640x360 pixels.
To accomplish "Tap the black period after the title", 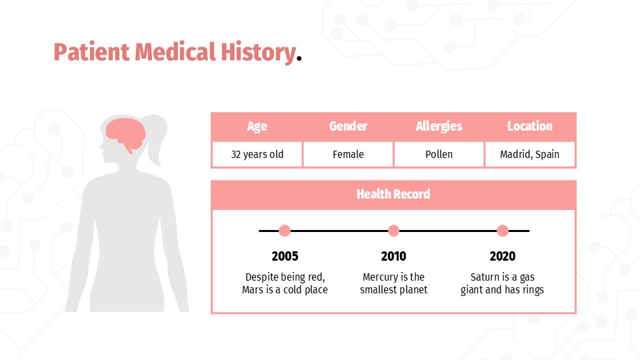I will [299, 60].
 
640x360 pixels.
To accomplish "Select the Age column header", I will [257, 126].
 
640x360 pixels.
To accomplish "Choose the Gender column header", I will [348, 126].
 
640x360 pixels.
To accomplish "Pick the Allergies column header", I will [439, 126].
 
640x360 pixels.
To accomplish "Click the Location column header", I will [529, 126].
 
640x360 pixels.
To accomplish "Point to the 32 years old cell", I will [257, 154].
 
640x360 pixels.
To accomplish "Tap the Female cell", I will [348, 154].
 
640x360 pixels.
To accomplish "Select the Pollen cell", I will [439, 154].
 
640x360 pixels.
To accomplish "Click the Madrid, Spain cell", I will [529, 154].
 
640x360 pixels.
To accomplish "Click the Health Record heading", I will [393, 194].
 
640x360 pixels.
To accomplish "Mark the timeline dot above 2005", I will [285, 231].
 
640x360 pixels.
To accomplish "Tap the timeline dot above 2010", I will [393, 231].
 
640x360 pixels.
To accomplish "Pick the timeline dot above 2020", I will [503, 231].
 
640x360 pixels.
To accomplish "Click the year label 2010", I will [393, 256].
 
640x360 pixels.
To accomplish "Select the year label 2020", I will [503, 256].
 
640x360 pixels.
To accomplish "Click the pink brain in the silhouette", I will [127, 133].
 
